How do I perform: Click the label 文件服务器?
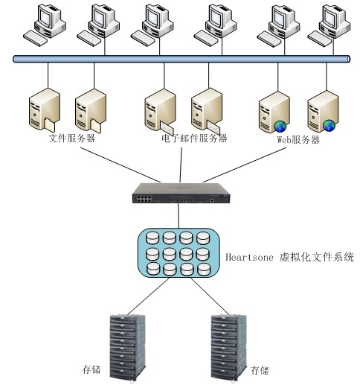[x=72, y=138]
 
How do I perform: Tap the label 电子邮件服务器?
[x=194, y=139]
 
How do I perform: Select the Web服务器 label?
[x=298, y=140]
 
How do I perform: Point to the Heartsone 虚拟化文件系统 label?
[x=289, y=257]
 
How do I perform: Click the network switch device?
[x=181, y=193]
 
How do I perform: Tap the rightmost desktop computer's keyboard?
[x=319, y=39]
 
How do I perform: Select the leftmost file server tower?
[x=45, y=109]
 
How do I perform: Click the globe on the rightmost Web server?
[x=329, y=126]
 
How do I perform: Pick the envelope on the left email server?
[x=167, y=128]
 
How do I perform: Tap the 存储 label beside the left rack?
[x=91, y=369]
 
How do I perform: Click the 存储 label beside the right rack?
[x=260, y=370]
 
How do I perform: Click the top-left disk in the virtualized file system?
[x=152, y=238]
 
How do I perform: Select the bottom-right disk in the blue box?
[x=204, y=270]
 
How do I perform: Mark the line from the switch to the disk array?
[x=179, y=215]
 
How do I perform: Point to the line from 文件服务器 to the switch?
[x=120, y=165]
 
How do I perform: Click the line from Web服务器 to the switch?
[x=245, y=165]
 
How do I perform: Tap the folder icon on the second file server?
[x=96, y=126]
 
